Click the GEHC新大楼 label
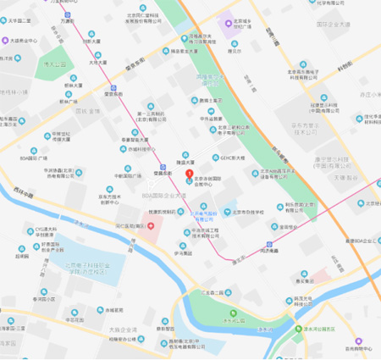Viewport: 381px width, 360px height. click(236, 157)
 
